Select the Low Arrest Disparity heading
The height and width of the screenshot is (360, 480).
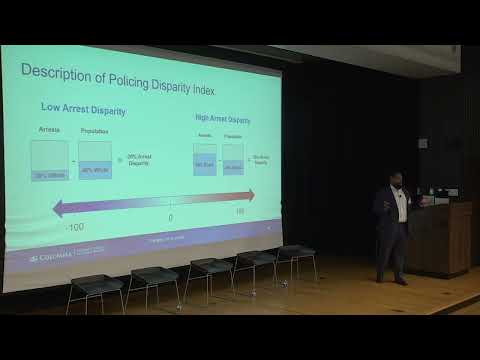click(79, 107)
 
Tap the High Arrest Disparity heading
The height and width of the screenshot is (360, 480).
click(222, 120)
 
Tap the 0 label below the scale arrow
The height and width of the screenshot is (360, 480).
click(170, 217)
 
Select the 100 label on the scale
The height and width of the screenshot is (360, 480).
click(240, 212)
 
